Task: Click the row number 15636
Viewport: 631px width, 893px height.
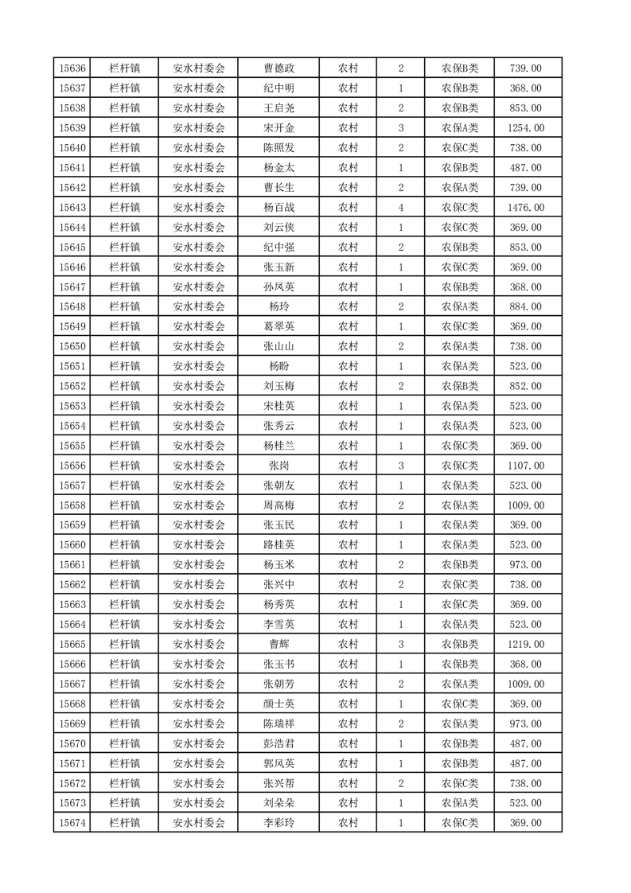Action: coord(72,68)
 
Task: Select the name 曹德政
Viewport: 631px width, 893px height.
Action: coord(278,68)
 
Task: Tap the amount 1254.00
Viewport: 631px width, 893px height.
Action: coord(525,128)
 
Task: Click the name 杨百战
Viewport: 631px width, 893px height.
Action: coord(278,208)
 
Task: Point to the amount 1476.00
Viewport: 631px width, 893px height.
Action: coord(525,208)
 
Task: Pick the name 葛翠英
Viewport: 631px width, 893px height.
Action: coord(278,326)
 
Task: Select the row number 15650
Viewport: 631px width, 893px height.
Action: coord(72,346)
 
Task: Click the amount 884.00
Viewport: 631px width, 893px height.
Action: coord(525,306)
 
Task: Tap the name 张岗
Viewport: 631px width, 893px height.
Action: coord(278,466)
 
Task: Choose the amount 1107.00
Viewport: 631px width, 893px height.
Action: coord(525,466)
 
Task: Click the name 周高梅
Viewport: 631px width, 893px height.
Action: coord(278,505)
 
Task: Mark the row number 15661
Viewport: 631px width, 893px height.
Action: coord(72,565)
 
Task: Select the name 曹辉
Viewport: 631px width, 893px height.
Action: coord(278,644)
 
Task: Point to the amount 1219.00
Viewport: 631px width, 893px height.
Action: coord(525,644)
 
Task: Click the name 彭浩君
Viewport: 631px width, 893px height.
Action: coord(278,743)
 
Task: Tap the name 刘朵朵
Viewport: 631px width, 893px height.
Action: coord(278,803)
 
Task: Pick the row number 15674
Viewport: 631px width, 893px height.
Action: coord(72,823)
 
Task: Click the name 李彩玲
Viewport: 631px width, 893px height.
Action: coord(278,823)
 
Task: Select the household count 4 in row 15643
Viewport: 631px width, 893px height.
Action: coord(400,208)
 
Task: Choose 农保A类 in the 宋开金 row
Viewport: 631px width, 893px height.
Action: coord(459,128)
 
